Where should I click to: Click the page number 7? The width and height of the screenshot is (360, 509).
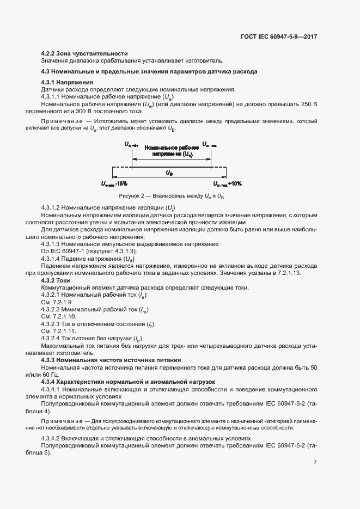coord(315,462)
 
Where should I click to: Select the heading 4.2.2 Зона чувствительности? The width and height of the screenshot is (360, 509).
coord(84,53)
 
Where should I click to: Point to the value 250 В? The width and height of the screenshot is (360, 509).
coord(308,103)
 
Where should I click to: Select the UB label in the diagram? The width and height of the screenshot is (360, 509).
coord(170,172)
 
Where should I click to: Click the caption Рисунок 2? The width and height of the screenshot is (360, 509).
coord(131,195)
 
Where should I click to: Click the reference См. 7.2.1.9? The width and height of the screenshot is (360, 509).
coord(57,302)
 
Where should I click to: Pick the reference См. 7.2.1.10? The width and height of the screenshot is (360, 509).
coord(59,316)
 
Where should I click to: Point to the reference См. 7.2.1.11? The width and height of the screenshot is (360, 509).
coord(59,331)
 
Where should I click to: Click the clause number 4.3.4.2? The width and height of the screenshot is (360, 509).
coord(53,438)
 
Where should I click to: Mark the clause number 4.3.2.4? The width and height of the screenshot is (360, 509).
coord(53,338)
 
